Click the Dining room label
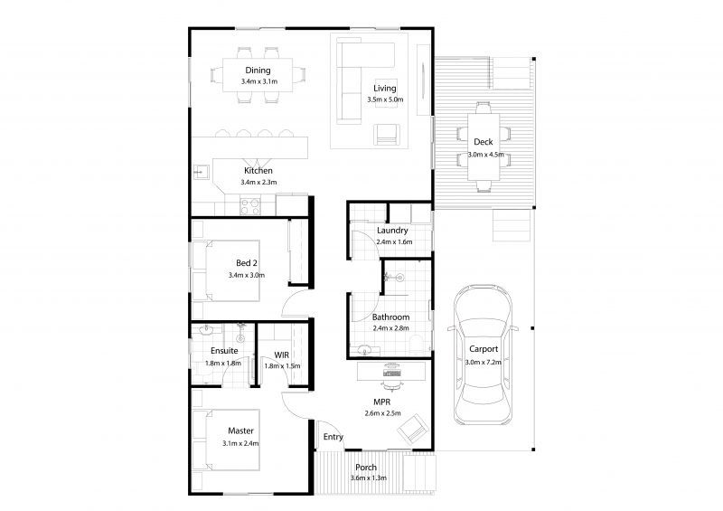pos(258,71)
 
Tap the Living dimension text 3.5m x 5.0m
pos(385,99)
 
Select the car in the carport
pos(483,355)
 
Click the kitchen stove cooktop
pos(250,206)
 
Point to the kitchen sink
pos(201,172)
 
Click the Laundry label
pos(392,231)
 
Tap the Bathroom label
pos(390,317)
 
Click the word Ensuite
pos(224,351)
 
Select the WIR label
pos(282,355)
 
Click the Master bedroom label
pos(240,431)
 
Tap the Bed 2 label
pos(247,263)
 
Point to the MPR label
pos(382,402)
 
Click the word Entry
pos(333,437)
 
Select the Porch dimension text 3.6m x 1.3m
pos(369,478)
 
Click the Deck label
pos(484,142)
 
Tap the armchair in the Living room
pos(387,135)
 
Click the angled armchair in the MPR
pos(413,430)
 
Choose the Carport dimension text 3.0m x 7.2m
pos(484,363)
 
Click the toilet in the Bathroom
pos(417,345)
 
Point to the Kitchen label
pos(258,170)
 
